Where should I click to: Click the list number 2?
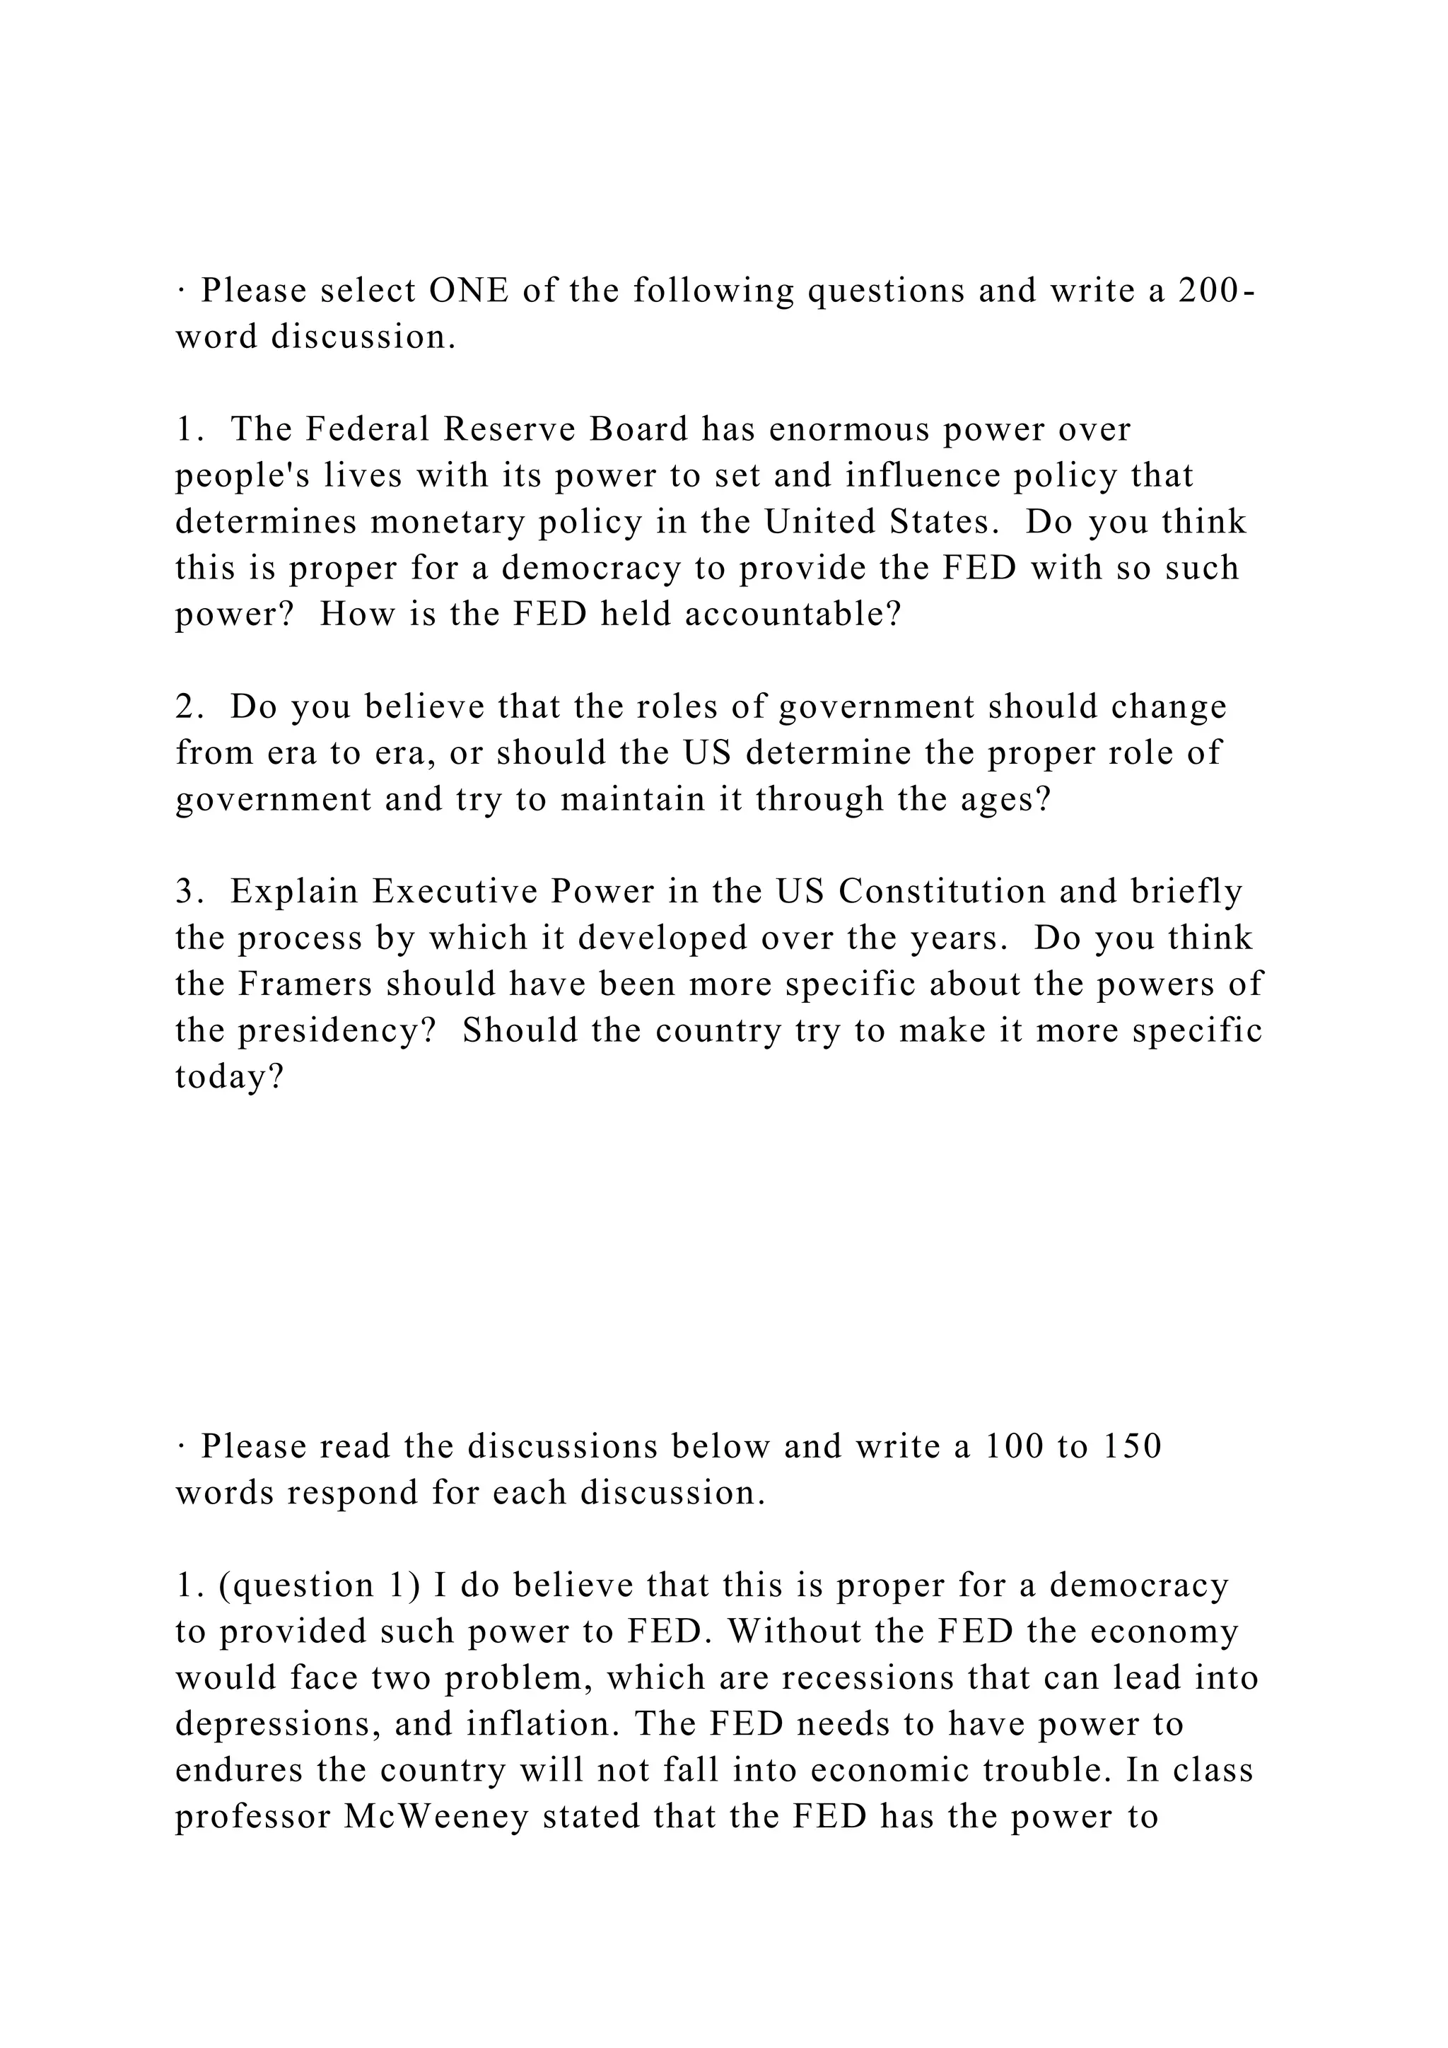pos(189,706)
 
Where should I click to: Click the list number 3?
pos(189,892)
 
